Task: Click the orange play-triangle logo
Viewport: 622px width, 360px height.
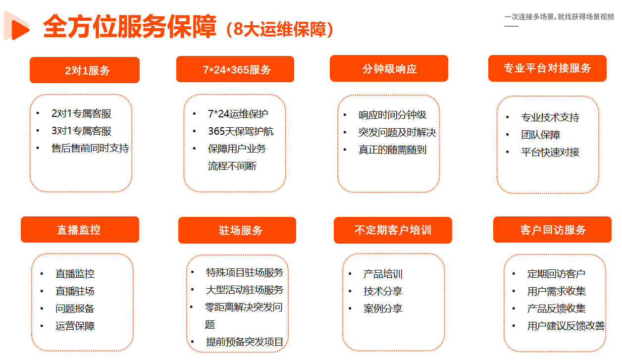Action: click(17, 26)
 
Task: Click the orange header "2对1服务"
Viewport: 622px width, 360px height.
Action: click(85, 70)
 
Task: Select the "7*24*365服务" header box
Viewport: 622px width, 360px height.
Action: click(235, 69)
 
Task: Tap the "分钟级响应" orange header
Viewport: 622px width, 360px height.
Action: click(389, 68)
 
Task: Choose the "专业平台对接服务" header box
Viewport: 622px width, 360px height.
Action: click(547, 68)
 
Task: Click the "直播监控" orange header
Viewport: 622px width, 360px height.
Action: click(80, 230)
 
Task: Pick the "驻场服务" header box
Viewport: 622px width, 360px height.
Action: click(237, 230)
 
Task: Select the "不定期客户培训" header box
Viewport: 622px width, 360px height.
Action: click(393, 230)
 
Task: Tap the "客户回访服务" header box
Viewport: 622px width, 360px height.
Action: click(552, 230)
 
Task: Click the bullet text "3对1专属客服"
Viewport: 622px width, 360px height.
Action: click(81, 131)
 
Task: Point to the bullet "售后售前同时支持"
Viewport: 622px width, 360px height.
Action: click(90, 148)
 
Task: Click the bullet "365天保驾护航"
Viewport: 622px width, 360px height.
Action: click(241, 131)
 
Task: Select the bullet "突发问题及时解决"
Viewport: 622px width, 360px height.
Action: click(397, 132)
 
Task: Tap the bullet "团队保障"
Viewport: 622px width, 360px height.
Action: click(541, 135)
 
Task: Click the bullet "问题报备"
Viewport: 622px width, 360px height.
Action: click(75, 309)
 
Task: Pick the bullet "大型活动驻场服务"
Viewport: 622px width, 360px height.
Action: click(245, 290)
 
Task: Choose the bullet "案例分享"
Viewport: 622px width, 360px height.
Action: click(383, 309)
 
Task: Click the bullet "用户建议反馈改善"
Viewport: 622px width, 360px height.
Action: click(566, 326)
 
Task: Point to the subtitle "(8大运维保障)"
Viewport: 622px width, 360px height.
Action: click(280, 29)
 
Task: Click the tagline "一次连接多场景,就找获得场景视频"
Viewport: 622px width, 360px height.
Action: click(559, 17)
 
